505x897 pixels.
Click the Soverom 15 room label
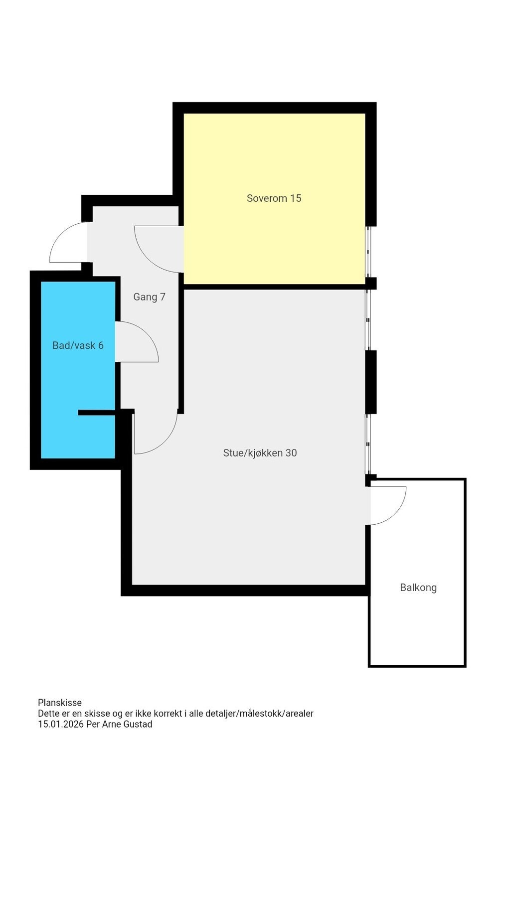click(274, 198)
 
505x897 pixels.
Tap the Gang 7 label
click(149, 297)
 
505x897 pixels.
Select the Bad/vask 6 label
click(78, 345)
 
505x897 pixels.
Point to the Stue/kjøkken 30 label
click(260, 453)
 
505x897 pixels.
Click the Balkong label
click(418, 588)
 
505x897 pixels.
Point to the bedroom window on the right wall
click(369, 252)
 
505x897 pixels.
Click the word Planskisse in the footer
click(60, 703)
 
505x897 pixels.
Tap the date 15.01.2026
click(61, 725)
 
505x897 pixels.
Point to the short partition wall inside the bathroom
click(97, 412)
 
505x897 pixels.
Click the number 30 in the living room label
click(291, 453)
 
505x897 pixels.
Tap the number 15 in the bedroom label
click(296, 198)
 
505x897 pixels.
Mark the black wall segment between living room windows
click(371, 382)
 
